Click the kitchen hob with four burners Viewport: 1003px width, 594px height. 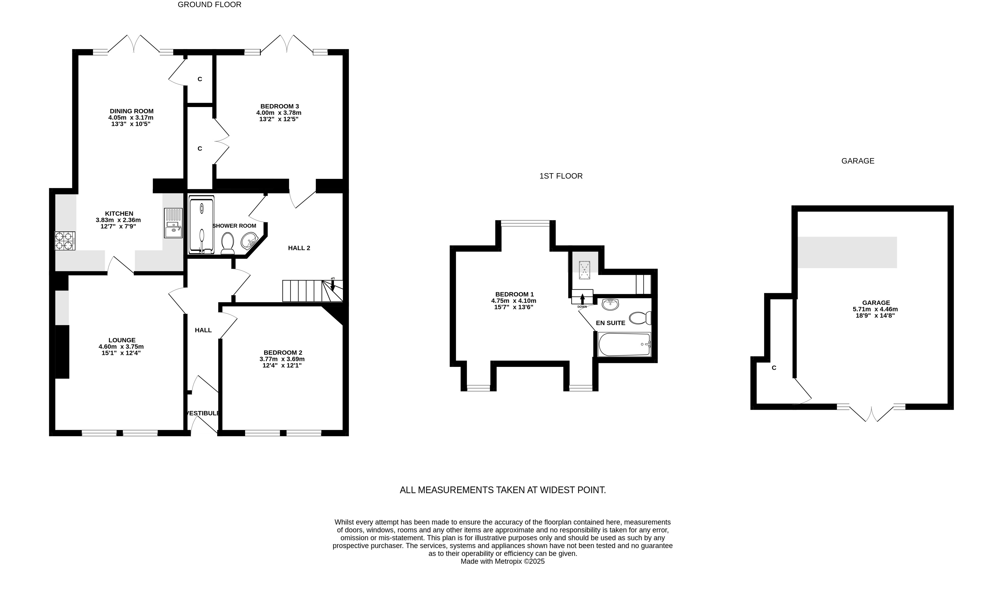pos(65,241)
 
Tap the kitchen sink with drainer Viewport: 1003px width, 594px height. pos(173,223)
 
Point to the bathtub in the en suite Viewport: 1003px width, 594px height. pos(624,344)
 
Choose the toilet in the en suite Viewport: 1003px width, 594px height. pos(640,318)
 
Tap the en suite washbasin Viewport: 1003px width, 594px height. pos(610,304)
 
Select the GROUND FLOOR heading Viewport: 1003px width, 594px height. pos(209,5)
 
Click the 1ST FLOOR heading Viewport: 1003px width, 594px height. pos(561,176)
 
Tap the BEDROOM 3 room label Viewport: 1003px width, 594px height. pos(279,106)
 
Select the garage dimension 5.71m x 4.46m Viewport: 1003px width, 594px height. pos(876,309)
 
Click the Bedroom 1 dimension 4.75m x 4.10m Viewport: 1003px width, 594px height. pos(514,301)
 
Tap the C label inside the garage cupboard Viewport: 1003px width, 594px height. pos(774,368)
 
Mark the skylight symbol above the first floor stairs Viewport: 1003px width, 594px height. pos(585,270)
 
